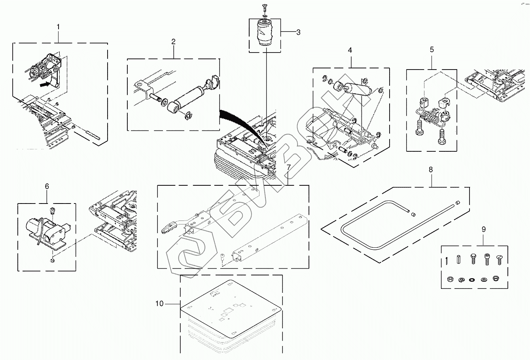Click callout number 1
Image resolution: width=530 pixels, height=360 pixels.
click(x=59, y=27)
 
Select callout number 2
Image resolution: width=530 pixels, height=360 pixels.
click(x=173, y=41)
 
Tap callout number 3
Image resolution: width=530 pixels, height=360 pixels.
click(x=298, y=32)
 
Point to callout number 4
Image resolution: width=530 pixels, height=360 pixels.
click(x=350, y=50)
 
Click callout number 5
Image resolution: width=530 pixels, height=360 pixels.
click(x=432, y=49)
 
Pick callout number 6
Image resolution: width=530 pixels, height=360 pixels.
click(x=47, y=186)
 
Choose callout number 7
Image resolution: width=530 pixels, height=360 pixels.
click(x=288, y=168)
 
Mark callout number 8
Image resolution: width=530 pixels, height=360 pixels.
click(x=431, y=170)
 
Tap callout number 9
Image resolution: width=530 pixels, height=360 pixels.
click(x=483, y=229)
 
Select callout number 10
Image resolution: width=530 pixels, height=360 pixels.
click(x=159, y=303)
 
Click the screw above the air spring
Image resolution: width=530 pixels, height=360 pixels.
click(x=264, y=7)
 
